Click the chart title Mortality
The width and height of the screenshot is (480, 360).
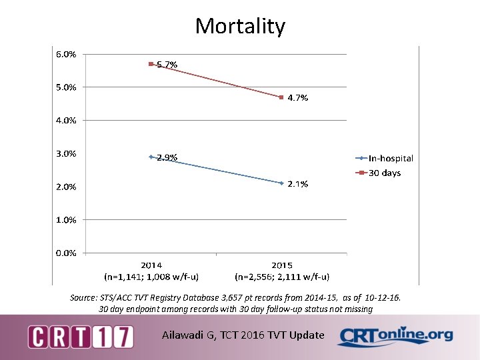tap(240, 26)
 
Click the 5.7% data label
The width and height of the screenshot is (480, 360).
tap(167, 65)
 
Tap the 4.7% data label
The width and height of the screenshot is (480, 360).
tap(298, 98)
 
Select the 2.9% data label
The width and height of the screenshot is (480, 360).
tap(167, 158)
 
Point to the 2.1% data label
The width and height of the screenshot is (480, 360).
tap(298, 184)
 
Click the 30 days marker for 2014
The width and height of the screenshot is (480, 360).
tap(151, 64)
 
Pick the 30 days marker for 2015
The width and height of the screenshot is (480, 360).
tap(281, 97)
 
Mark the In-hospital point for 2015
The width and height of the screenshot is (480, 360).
tap(281, 183)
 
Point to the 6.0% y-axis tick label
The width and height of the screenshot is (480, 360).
tap(65, 54)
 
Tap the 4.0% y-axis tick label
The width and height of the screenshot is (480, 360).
tap(65, 121)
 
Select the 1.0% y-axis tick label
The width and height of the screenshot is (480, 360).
tap(65, 219)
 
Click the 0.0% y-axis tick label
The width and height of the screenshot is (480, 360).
tap(65, 253)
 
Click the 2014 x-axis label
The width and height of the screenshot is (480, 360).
tap(151, 265)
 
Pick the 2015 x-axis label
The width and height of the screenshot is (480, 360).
tap(281, 265)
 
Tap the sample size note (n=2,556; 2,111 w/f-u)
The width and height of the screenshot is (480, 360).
tap(281, 276)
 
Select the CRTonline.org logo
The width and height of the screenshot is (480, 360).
tap(395, 335)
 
